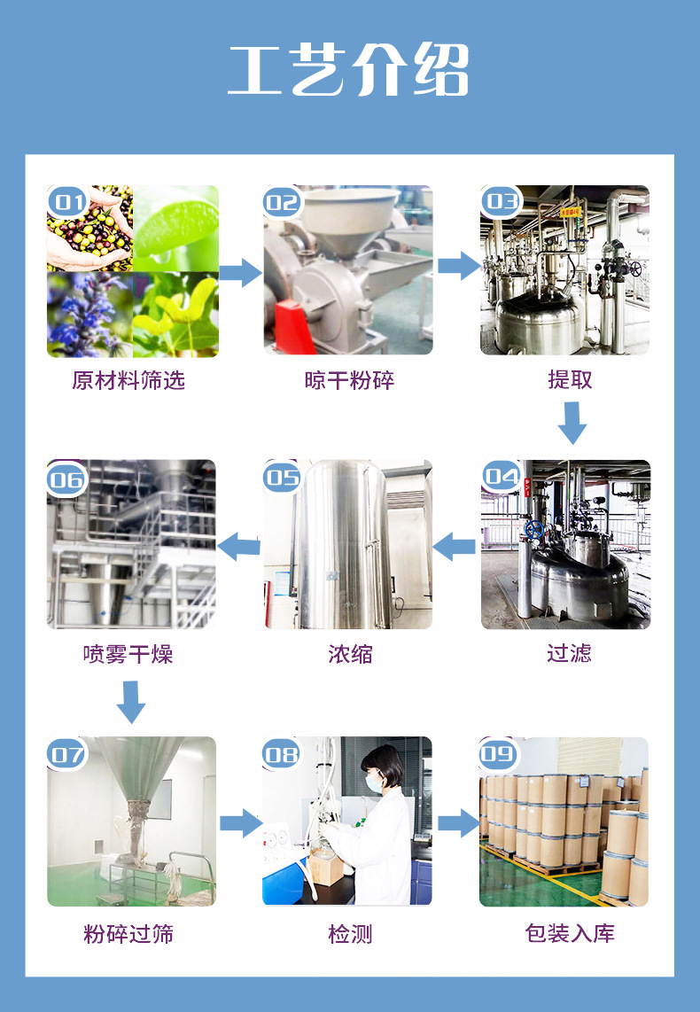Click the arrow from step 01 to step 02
(240, 272)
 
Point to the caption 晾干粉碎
(349, 380)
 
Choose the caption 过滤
(569, 654)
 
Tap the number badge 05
(283, 479)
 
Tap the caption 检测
(350, 933)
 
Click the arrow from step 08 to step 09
(458, 823)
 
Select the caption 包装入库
(570, 933)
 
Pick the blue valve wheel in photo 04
(533, 530)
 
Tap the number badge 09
(498, 754)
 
